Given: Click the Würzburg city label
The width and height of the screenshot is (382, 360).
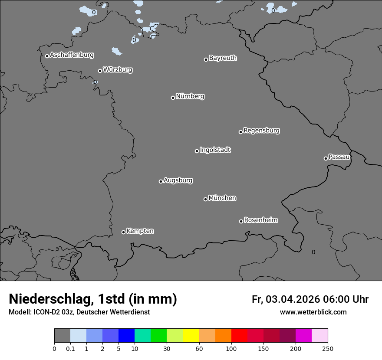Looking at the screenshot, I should pyautogui.click(x=118, y=69).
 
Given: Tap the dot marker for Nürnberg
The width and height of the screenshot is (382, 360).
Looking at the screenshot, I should pyautogui.click(x=173, y=98).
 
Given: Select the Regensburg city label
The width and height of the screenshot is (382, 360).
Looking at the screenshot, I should pyautogui.click(x=261, y=130).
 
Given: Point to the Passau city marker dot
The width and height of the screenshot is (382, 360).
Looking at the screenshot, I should pyautogui.click(x=326, y=158).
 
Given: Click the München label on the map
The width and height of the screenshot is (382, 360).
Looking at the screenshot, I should pyautogui.click(x=222, y=198).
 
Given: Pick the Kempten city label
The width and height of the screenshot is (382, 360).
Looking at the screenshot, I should pyautogui.click(x=140, y=231).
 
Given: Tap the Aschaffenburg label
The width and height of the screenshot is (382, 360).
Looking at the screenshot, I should pyautogui.click(x=72, y=55).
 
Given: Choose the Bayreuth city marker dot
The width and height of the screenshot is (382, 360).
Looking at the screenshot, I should pyautogui.click(x=206, y=59).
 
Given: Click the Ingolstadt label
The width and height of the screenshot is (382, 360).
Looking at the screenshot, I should pyautogui.click(x=215, y=150).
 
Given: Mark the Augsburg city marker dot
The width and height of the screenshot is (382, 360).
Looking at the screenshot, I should pyautogui.click(x=161, y=181).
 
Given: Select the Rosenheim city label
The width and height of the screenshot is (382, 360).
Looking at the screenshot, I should pyautogui.click(x=260, y=220).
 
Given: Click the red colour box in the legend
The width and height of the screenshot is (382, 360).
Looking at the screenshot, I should pyautogui.click(x=239, y=336).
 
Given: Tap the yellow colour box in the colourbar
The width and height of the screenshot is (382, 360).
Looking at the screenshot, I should pyautogui.click(x=191, y=336).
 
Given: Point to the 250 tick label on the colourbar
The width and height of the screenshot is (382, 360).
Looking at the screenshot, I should pyautogui.click(x=328, y=348).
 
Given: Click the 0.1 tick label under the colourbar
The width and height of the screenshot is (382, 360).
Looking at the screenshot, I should pyautogui.click(x=70, y=348).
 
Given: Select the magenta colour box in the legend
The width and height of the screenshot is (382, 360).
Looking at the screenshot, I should pyautogui.click(x=303, y=336).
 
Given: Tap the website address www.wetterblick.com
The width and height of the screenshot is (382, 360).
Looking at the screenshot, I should pyautogui.click(x=313, y=312).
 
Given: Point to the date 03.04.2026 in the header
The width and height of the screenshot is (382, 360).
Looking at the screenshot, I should pyautogui.click(x=293, y=299).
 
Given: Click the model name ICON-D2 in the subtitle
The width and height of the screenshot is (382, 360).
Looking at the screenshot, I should pyautogui.click(x=45, y=312).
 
